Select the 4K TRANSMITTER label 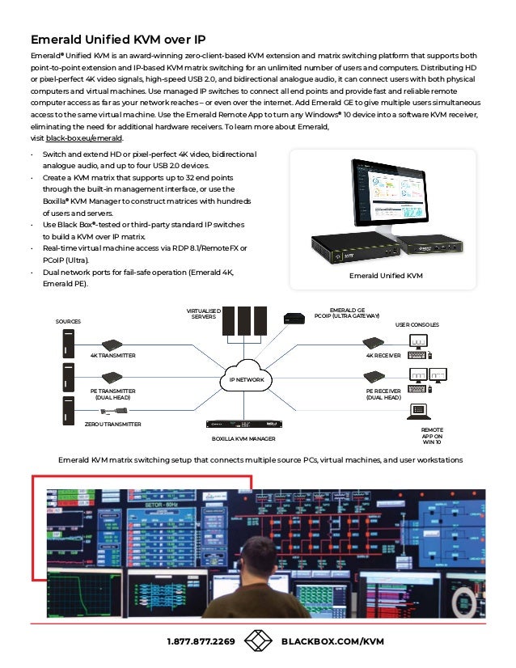(x=112, y=355)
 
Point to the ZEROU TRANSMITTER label (x=113, y=424)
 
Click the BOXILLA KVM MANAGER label (x=243, y=438)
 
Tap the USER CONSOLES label (x=417, y=324)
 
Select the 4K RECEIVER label (x=383, y=355)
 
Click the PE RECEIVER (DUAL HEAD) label (x=383, y=394)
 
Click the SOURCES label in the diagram (x=68, y=322)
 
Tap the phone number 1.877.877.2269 (x=201, y=641)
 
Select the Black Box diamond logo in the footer (x=258, y=641)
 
